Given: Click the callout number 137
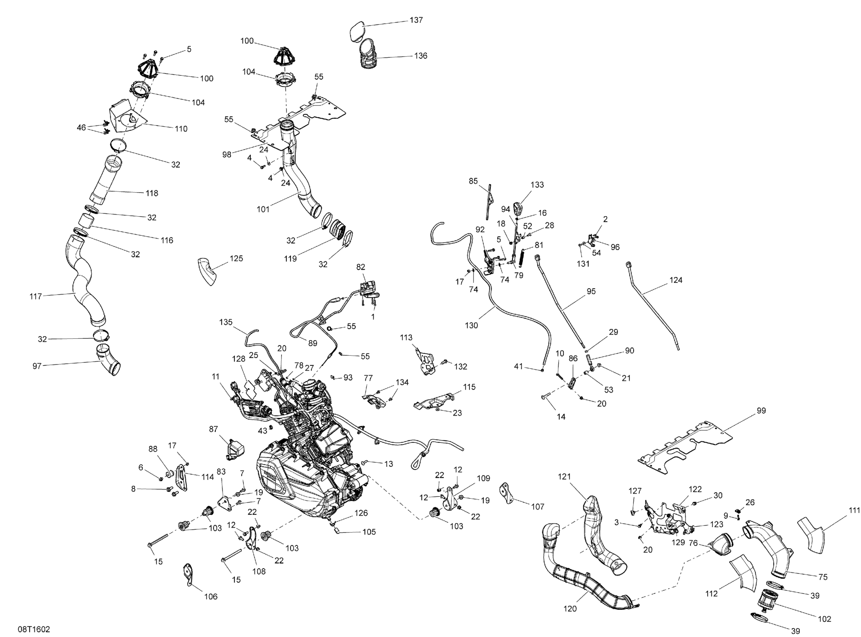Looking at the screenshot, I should (x=416, y=20).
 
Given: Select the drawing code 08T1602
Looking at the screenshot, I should (x=34, y=629).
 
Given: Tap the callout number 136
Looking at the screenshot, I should (x=421, y=56).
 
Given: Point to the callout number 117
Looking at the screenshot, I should (x=36, y=296).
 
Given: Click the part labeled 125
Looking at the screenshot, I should (x=208, y=271).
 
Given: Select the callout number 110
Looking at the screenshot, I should (x=181, y=129).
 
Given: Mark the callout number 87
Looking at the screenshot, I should (x=213, y=429).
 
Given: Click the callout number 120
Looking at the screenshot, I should (x=570, y=609).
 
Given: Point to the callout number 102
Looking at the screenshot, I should (x=824, y=619).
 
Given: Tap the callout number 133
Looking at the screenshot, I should (x=537, y=185).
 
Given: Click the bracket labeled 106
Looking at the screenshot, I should (x=188, y=575).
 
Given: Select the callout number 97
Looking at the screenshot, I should (x=37, y=366).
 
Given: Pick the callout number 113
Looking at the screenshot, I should (x=406, y=338).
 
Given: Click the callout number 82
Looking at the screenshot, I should (x=360, y=267).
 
